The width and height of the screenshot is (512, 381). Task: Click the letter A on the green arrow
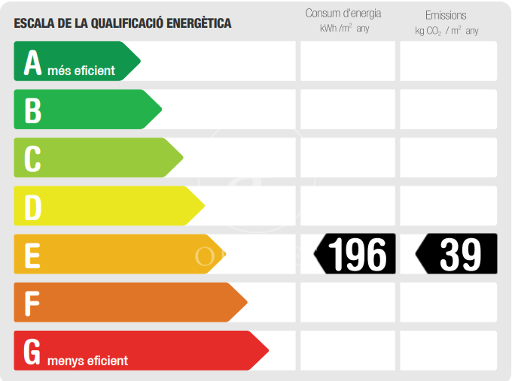pos(32,63)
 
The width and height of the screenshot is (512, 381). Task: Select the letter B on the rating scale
pos(32,110)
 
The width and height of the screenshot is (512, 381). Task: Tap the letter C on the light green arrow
pos(32,159)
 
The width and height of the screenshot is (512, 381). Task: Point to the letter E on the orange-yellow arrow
pos(32,256)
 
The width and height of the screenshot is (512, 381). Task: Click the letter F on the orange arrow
pos(32,304)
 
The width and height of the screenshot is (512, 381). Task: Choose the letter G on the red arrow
pos(32,352)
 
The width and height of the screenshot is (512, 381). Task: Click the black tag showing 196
pos(355,254)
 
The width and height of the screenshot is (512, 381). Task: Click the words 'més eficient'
pos(81,71)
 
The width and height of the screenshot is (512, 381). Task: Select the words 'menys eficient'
pos(87,361)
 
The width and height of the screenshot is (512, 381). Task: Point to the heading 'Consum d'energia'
pos(343,14)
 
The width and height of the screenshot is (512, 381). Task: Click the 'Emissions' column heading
pos(446,15)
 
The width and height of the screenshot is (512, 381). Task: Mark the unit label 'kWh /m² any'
pos(345,29)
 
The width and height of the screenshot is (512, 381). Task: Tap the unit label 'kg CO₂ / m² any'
pos(446,31)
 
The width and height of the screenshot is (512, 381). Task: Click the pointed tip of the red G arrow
pos(267,350)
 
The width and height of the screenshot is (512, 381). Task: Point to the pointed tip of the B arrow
pos(160,110)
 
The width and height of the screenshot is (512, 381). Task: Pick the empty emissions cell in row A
pos(448,61)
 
